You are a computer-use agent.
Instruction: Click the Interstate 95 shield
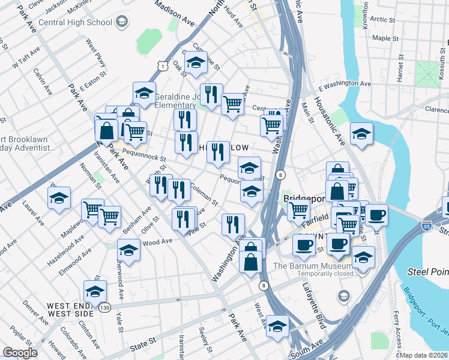point(426,226)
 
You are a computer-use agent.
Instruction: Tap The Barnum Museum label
point(312,266)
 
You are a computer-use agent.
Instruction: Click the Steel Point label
point(426,271)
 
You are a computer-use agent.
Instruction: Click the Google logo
point(20,353)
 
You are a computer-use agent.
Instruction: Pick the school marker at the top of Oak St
point(196,63)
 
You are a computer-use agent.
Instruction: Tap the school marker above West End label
point(95,292)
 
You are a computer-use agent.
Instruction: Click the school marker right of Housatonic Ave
point(361,134)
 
